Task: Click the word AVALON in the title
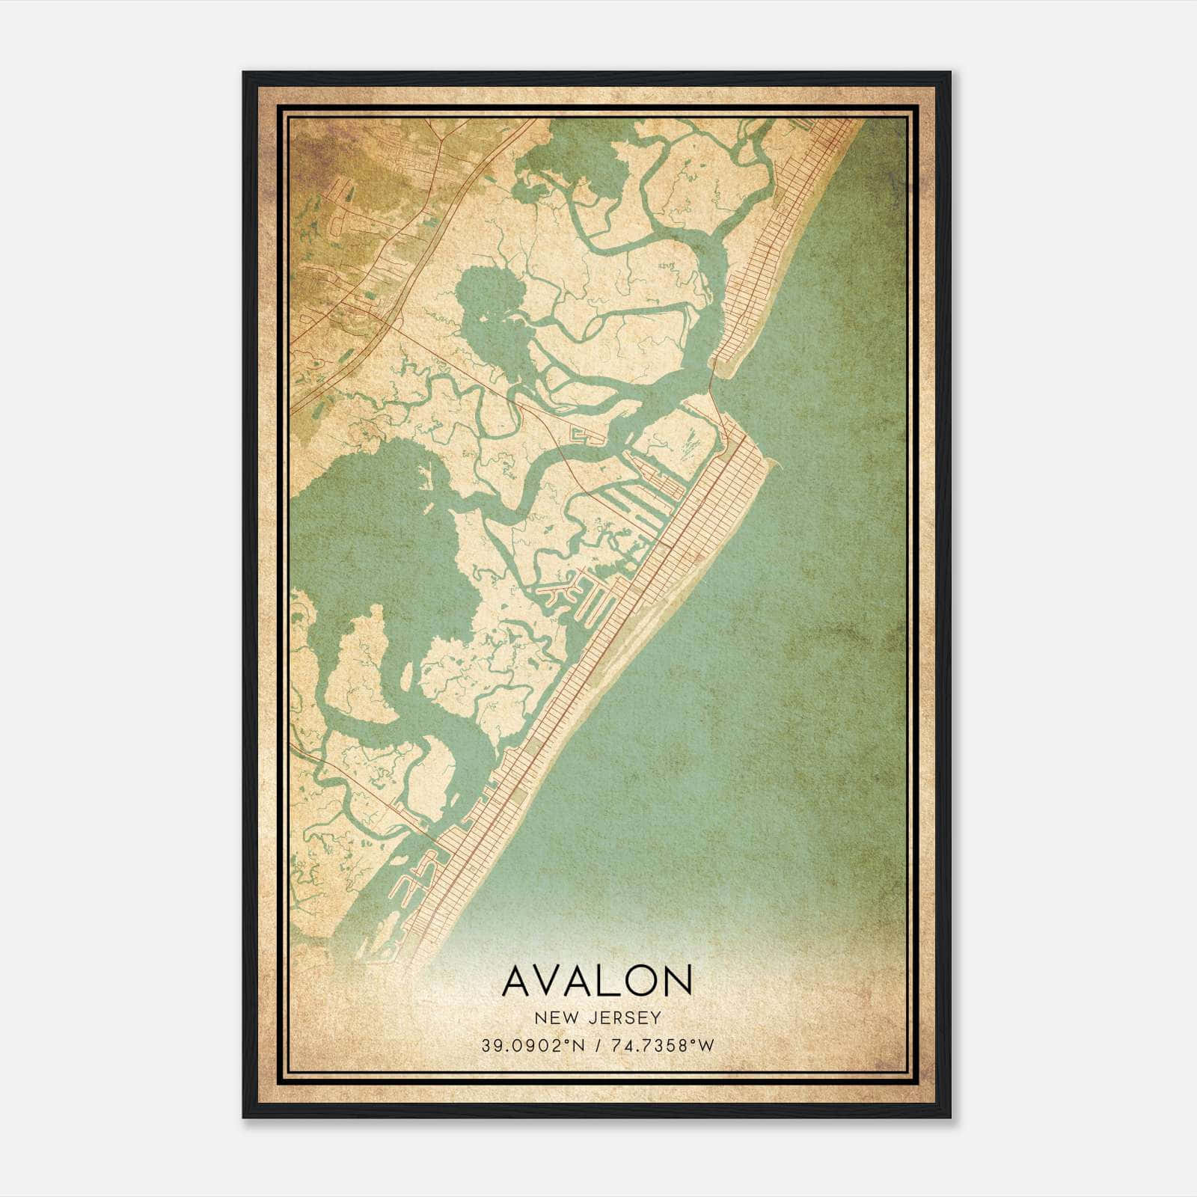(x=597, y=982)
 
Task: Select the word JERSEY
(x=625, y=1017)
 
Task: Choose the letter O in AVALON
(x=640, y=982)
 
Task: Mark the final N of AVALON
(x=676, y=982)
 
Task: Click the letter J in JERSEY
(x=593, y=1017)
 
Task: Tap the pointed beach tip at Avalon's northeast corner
(x=778, y=465)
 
